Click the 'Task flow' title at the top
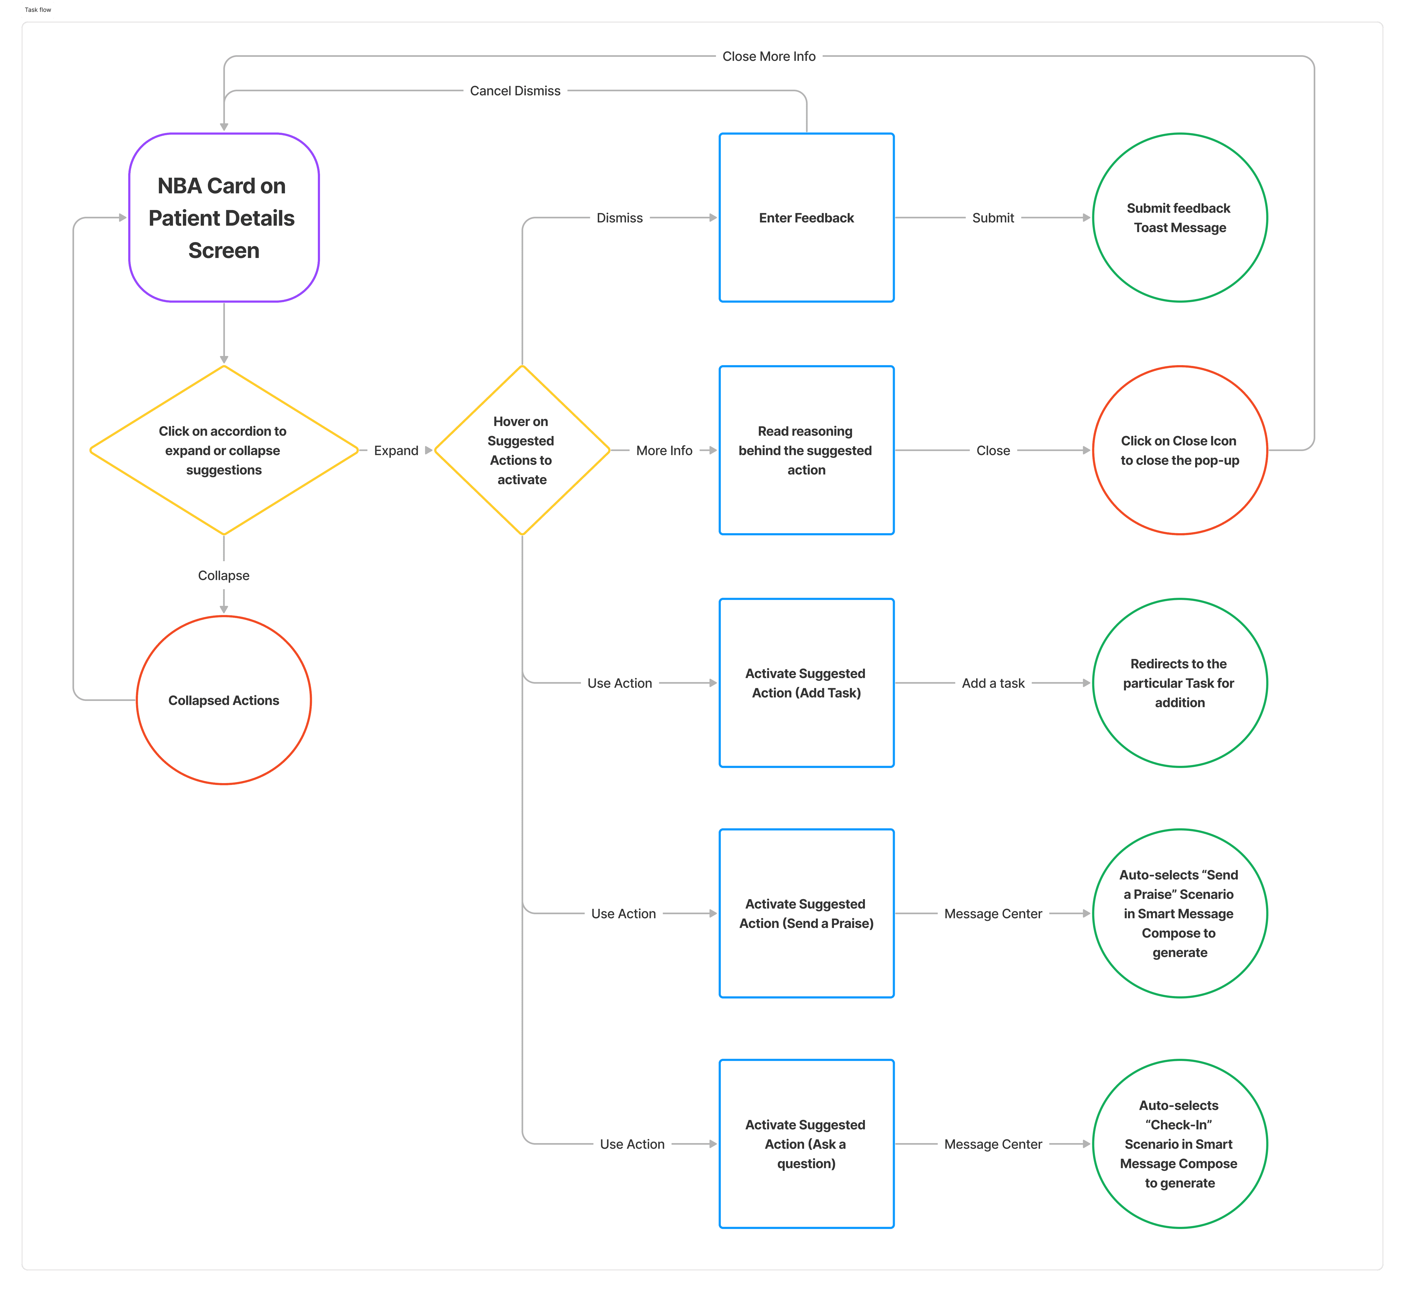[x=38, y=10]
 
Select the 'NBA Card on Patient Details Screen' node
[x=224, y=217]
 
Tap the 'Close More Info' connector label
[x=768, y=56]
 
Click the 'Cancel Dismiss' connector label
[x=515, y=91]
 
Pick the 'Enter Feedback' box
[x=806, y=217]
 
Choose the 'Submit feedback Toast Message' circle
[x=1180, y=217]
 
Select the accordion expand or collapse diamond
[x=224, y=450]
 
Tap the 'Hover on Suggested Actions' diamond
[x=522, y=450]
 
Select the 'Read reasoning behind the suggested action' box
[x=806, y=450]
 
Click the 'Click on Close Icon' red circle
[x=1180, y=450]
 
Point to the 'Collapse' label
[x=224, y=575]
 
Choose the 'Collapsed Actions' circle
[x=224, y=700]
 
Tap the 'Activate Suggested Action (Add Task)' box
[x=806, y=683]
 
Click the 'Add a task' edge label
[x=993, y=683]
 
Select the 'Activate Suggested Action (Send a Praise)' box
[x=806, y=913]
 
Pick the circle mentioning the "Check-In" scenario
[x=1180, y=1144]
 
